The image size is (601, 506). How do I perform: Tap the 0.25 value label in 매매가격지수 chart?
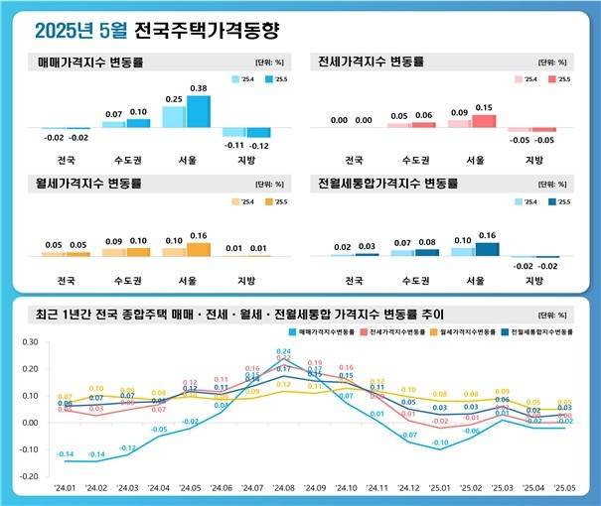pyautogui.click(x=172, y=99)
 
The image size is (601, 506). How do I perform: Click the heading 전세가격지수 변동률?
pyautogui.click(x=371, y=62)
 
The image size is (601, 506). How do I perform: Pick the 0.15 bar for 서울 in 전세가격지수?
pyautogui.click(x=484, y=121)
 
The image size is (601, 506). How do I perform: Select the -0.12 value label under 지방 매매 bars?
pyautogui.click(x=259, y=145)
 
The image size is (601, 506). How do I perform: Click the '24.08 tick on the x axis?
pyautogui.click(x=284, y=489)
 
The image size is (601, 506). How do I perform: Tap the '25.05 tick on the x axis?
pyautogui.click(x=562, y=489)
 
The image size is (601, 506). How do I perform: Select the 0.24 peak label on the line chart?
pyautogui.click(x=283, y=351)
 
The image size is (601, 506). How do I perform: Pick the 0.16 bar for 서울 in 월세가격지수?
pyautogui.click(x=199, y=250)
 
